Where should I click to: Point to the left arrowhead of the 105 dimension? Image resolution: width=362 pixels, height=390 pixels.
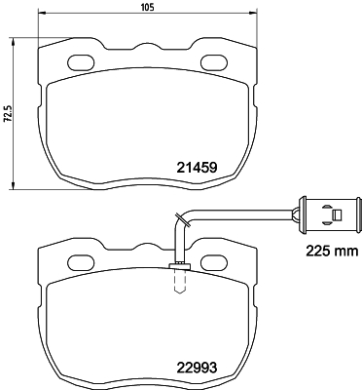coord(41,19)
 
